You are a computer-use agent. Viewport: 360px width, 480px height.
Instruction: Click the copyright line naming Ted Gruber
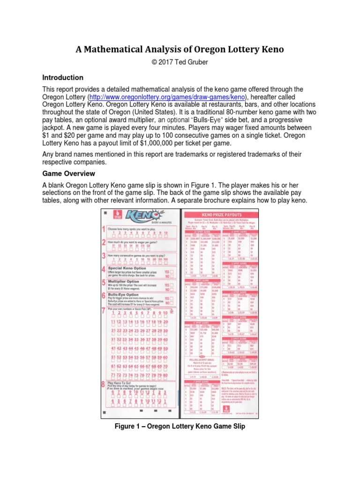click(180, 63)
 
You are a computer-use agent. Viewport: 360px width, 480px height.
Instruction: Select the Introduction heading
click(63, 77)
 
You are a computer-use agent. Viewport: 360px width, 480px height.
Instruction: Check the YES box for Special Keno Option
click(171, 271)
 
